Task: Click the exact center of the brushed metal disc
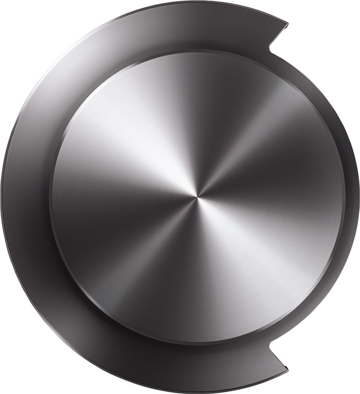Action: click(x=197, y=197)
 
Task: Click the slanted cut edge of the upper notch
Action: click(x=278, y=35)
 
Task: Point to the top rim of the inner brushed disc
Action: click(x=197, y=52)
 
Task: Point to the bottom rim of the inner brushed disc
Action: click(x=197, y=343)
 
